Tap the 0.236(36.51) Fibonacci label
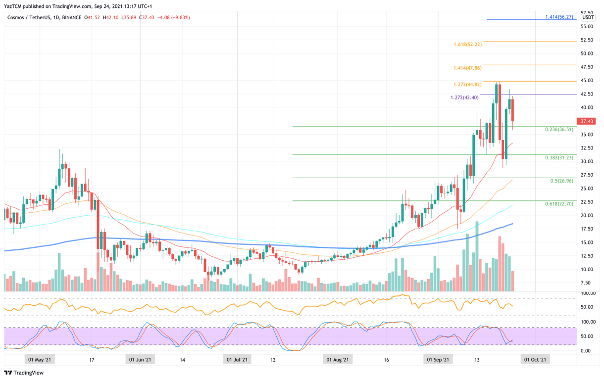click(x=559, y=130)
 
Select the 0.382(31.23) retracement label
click(x=559, y=158)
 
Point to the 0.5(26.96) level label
click(x=562, y=181)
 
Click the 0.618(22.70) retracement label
click(x=559, y=204)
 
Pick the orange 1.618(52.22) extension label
click(x=467, y=45)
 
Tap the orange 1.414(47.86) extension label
click(x=467, y=68)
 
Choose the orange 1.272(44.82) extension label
click(x=467, y=85)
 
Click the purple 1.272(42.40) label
click(x=464, y=97)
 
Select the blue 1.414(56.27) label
click(x=559, y=17)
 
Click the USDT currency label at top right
click(x=588, y=18)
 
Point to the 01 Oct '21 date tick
click(x=535, y=360)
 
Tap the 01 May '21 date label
click(x=40, y=360)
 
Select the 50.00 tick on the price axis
click(x=587, y=53)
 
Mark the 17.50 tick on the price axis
click(x=587, y=229)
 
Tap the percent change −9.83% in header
click(x=180, y=18)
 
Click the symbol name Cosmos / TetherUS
click(x=29, y=18)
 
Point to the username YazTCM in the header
click(x=14, y=6)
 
